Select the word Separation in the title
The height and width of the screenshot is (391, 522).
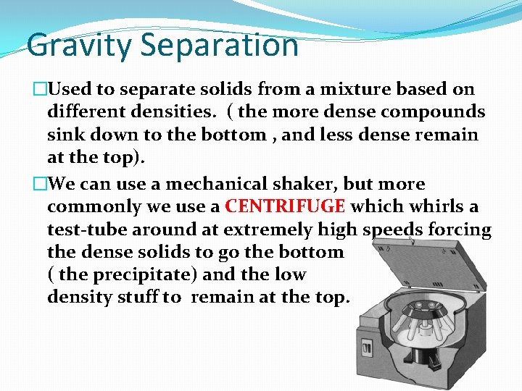[x=220, y=45]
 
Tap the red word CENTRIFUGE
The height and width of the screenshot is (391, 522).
[x=285, y=206]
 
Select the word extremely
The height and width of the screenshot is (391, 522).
[x=257, y=230]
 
